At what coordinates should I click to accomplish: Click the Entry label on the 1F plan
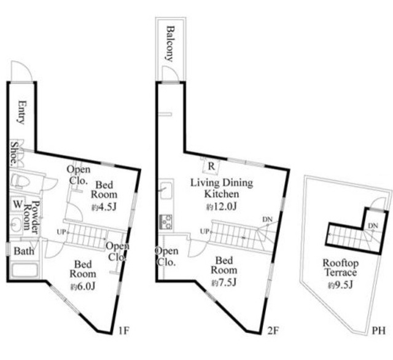click(21, 112)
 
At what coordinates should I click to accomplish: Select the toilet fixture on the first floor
click(21, 181)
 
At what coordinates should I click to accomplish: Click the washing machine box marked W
click(18, 205)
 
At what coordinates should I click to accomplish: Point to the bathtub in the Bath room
click(25, 270)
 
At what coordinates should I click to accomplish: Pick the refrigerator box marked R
click(211, 166)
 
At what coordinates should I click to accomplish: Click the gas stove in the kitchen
click(166, 222)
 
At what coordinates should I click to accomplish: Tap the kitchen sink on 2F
click(166, 190)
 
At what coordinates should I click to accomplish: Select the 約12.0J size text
click(222, 206)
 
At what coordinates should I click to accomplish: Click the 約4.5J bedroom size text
click(104, 207)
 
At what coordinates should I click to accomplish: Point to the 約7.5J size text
click(224, 283)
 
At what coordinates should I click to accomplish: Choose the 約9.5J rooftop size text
click(340, 285)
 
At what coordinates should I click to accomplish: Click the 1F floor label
click(123, 331)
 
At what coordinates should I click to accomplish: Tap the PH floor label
click(378, 331)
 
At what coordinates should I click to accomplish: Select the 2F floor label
click(273, 331)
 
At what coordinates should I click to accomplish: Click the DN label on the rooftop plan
click(373, 225)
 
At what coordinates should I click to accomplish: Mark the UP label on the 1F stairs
click(61, 232)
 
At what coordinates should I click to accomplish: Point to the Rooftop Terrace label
click(340, 267)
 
